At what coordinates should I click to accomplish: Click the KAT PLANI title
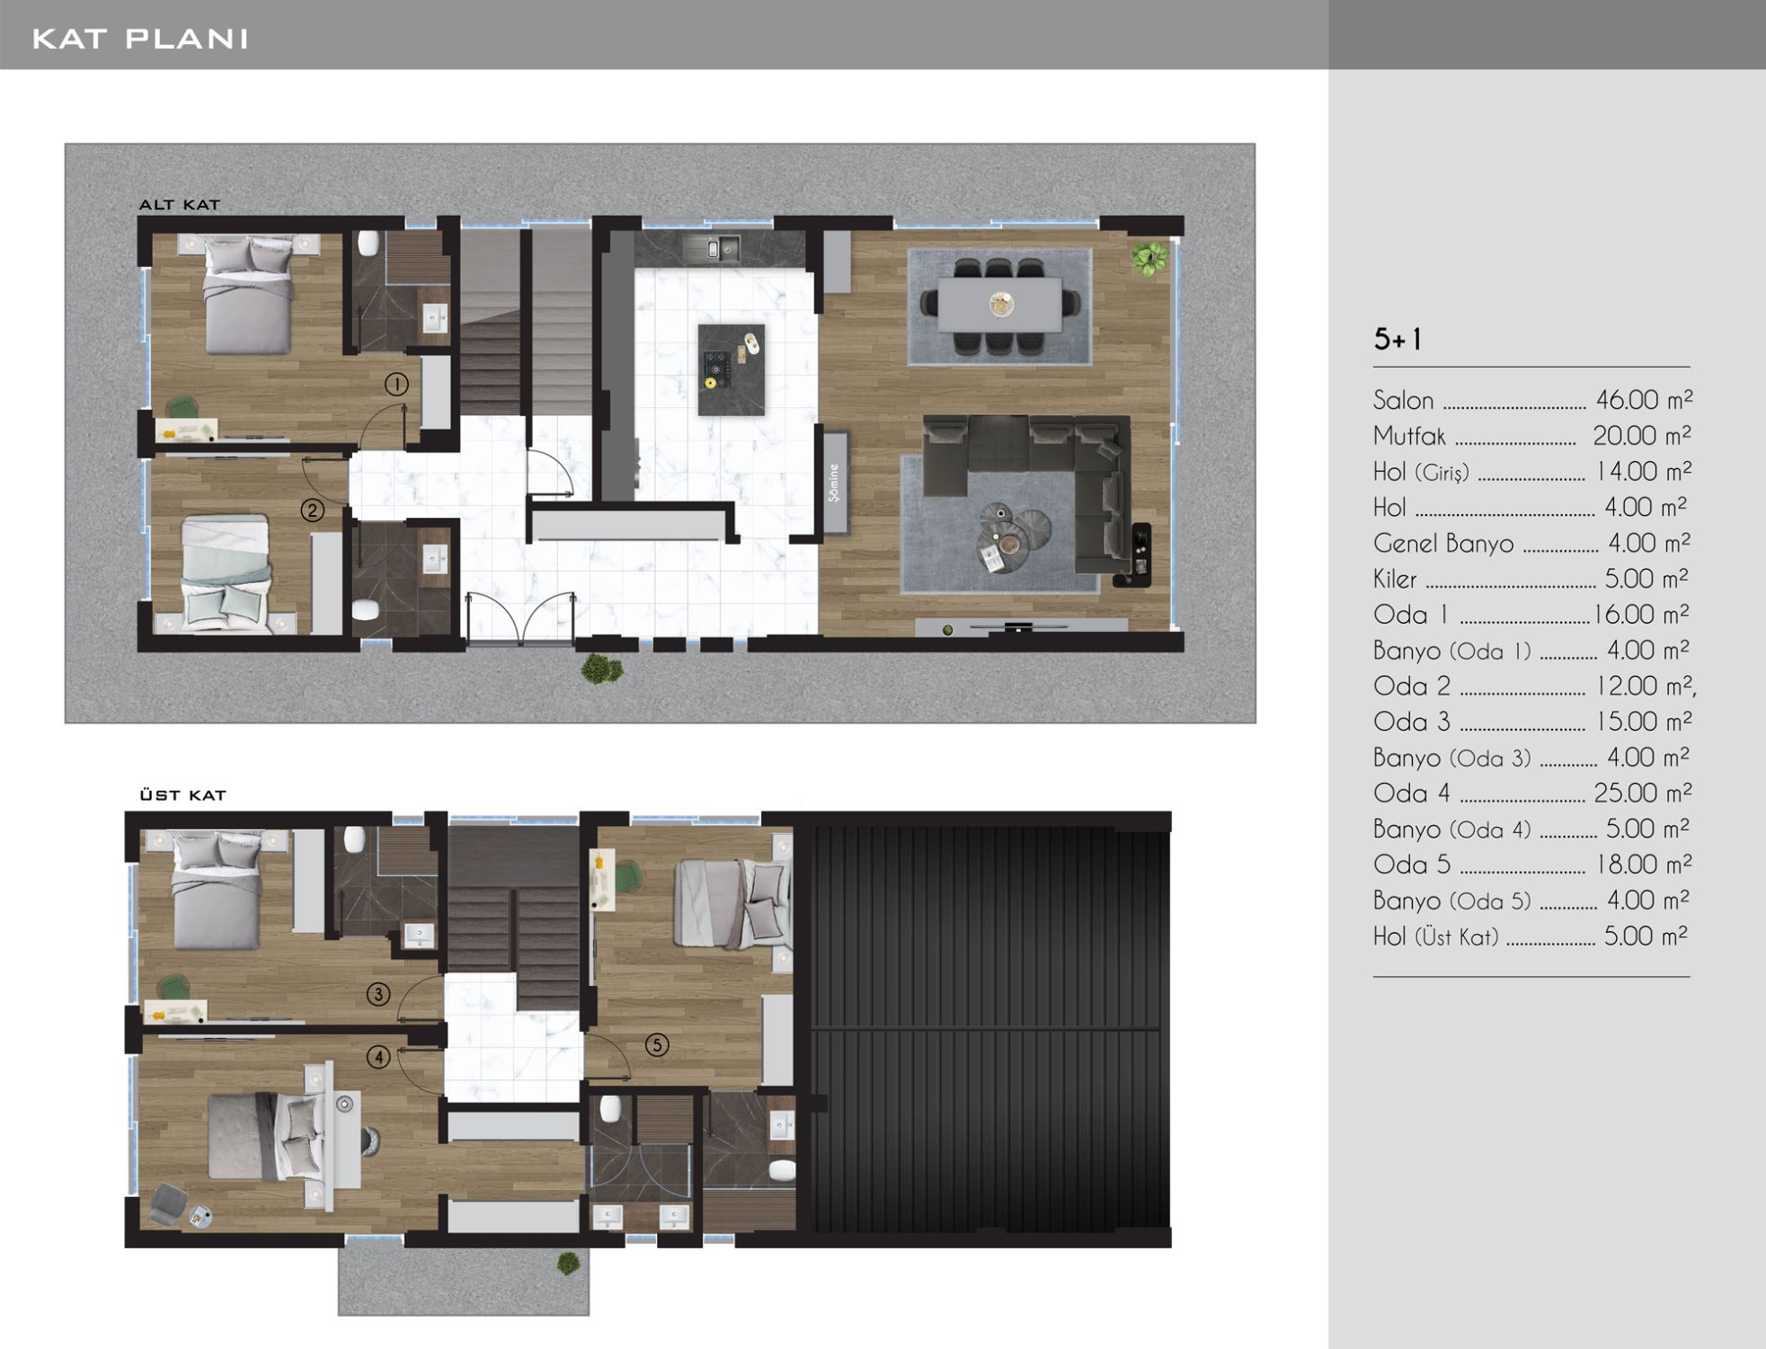(140, 39)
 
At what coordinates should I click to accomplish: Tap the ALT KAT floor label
(180, 205)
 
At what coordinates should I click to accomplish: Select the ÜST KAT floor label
(183, 795)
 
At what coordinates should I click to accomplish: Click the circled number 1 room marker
(396, 385)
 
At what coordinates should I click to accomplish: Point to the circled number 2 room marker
(312, 510)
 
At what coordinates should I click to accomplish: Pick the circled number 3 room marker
(378, 994)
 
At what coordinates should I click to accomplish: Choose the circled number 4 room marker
(378, 1057)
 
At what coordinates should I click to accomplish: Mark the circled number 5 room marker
(657, 1044)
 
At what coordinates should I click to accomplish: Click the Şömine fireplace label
(834, 483)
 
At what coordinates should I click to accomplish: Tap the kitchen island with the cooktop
(732, 369)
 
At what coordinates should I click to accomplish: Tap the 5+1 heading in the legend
(1398, 339)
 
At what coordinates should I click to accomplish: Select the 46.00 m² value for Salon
(1644, 399)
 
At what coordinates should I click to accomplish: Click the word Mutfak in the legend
(1409, 437)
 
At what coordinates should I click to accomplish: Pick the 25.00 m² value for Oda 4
(1643, 793)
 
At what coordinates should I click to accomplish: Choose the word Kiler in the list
(1395, 579)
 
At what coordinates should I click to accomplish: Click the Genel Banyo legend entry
(1443, 544)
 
